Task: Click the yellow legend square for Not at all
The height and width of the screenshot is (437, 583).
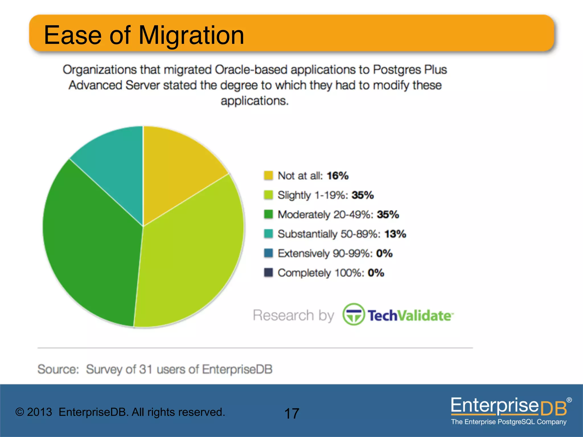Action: [x=268, y=176]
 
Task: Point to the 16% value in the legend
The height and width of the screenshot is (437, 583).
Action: [x=338, y=176]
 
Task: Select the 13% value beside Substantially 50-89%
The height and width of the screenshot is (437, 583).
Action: [x=395, y=234]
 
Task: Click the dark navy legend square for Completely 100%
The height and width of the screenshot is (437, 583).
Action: [x=268, y=273]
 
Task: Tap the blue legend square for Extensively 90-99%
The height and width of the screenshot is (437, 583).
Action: [x=268, y=253]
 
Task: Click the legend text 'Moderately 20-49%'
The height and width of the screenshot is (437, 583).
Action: [x=325, y=215]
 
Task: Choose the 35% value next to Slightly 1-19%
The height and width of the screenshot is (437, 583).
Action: [x=363, y=195]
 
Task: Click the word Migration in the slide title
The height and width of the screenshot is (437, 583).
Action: [x=191, y=35]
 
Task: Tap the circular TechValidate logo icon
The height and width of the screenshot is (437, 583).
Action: [x=353, y=314]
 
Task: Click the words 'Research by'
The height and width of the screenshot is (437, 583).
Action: [x=293, y=315]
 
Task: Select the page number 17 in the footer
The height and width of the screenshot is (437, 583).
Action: [x=291, y=413]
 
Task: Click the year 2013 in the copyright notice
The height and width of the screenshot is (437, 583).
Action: [x=40, y=412]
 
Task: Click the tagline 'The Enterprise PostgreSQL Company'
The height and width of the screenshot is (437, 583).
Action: [x=508, y=422]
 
